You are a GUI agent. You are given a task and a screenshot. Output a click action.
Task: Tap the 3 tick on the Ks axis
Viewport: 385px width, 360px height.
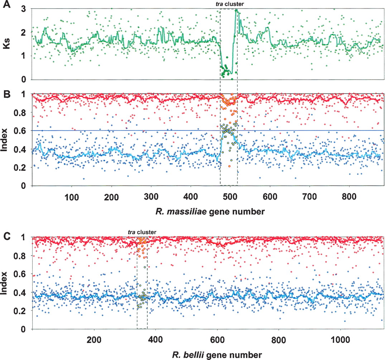click(x=24, y=9)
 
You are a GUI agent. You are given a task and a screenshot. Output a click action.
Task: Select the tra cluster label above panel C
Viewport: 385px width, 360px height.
click(x=142, y=232)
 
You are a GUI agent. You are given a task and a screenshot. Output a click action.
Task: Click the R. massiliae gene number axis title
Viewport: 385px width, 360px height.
click(x=210, y=211)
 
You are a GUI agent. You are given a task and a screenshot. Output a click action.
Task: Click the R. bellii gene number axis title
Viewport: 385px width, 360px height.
click(x=217, y=355)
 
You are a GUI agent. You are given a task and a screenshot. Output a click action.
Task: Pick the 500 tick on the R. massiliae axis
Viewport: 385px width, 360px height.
click(x=230, y=197)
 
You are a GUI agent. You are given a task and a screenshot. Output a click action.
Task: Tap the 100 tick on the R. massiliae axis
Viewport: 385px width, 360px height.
click(x=71, y=197)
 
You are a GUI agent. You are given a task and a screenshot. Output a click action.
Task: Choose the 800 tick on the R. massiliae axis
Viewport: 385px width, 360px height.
click(x=349, y=197)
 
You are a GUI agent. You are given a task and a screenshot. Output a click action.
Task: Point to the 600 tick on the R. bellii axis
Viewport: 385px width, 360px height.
click(x=217, y=340)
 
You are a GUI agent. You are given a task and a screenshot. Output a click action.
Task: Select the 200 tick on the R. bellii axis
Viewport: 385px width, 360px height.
click(x=94, y=340)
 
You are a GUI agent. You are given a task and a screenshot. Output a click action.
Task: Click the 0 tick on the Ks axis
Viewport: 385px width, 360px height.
click(x=24, y=80)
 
